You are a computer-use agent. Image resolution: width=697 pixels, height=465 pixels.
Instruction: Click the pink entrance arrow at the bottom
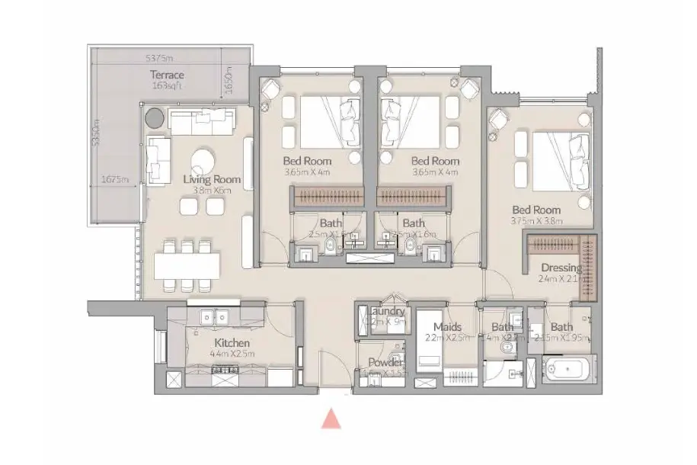331,418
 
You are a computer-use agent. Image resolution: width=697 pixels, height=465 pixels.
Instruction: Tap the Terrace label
167,75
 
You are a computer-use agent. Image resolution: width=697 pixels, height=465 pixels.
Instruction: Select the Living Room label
212,179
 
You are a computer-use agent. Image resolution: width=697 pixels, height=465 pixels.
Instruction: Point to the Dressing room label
561,268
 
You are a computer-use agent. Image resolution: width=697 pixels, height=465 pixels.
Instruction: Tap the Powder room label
385,363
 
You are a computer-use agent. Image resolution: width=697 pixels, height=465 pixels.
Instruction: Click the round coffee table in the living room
203,162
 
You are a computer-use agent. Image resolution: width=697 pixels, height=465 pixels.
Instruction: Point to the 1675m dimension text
115,180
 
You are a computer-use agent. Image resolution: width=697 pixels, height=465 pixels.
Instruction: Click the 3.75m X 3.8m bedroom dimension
536,221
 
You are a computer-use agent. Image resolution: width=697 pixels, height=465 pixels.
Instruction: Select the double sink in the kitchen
214,316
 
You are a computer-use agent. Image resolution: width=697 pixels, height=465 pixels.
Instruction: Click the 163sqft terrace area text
167,86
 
